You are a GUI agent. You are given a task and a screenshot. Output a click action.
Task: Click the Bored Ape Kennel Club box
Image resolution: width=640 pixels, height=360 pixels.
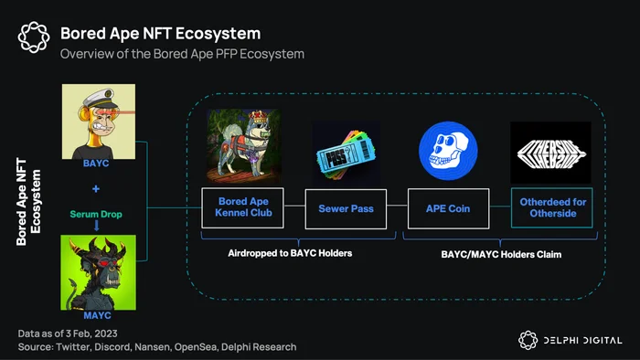242,207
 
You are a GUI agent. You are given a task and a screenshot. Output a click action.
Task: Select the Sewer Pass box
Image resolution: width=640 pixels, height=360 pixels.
346,208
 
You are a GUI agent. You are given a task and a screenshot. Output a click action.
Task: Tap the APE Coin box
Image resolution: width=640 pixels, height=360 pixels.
448,208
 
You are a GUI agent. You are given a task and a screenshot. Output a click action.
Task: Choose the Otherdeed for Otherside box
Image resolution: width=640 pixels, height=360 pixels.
552,207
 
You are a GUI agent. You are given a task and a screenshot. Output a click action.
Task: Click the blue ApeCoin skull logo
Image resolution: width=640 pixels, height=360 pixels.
448,151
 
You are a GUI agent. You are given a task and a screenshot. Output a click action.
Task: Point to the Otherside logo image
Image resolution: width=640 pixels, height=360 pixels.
550,153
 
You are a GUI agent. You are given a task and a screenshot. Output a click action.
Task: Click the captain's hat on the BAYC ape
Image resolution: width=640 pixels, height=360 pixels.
99,99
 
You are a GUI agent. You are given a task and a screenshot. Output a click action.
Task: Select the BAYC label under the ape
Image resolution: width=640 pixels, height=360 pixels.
96,164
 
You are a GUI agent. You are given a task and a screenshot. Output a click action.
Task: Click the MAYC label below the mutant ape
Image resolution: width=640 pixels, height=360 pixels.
97,315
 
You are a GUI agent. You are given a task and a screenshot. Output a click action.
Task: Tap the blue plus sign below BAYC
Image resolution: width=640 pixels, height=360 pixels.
96,189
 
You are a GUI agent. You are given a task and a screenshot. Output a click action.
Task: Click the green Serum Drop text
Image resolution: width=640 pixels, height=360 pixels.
96,214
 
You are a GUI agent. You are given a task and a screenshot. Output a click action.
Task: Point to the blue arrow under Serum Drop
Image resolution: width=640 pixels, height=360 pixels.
97,226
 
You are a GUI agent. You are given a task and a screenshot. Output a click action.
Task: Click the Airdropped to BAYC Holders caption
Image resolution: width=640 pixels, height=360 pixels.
290,253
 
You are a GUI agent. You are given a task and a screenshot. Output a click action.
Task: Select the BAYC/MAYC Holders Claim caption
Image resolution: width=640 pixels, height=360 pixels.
501,254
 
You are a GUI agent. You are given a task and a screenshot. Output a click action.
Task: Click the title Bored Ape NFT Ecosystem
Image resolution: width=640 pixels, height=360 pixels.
160,34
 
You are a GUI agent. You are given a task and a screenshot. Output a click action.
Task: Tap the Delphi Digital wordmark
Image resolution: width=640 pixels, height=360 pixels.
583,341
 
